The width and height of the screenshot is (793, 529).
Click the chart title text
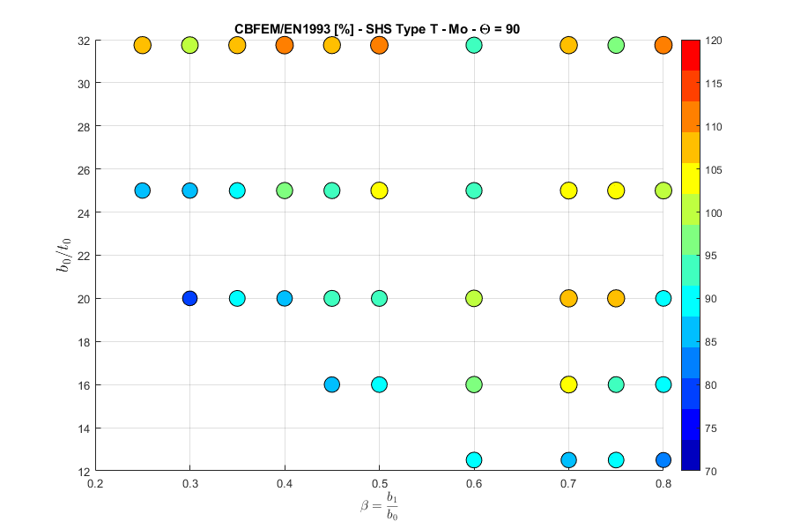pyautogui.click(x=377, y=29)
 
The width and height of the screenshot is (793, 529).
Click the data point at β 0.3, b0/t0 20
pyautogui.click(x=189, y=298)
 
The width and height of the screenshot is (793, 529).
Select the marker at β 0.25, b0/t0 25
pyautogui.click(x=142, y=190)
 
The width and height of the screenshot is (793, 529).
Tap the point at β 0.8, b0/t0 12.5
pyautogui.click(x=663, y=459)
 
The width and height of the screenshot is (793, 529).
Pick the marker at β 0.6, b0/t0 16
pyautogui.click(x=474, y=384)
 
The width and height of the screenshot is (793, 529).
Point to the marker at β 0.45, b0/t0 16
pyautogui.click(x=331, y=384)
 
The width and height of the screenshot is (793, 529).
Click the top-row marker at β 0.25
pyautogui.click(x=142, y=45)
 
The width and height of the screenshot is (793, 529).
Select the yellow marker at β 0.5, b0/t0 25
pyautogui.click(x=379, y=190)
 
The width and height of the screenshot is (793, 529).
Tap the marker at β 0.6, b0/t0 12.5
pyautogui.click(x=474, y=459)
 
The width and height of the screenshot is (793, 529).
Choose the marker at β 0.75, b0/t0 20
pyautogui.click(x=616, y=298)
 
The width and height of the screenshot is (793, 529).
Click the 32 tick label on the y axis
pyautogui.click(x=84, y=41)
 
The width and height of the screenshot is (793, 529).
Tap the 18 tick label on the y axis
pyautogui.click(x=84, y=341)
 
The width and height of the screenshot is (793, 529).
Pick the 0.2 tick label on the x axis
pyautogui.click(x=95, y=483)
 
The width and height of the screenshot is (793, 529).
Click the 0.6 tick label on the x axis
pyautogui.click(x=474, y=483)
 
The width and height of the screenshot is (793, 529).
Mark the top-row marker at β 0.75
pyautogui.click(x=616, y=45)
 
